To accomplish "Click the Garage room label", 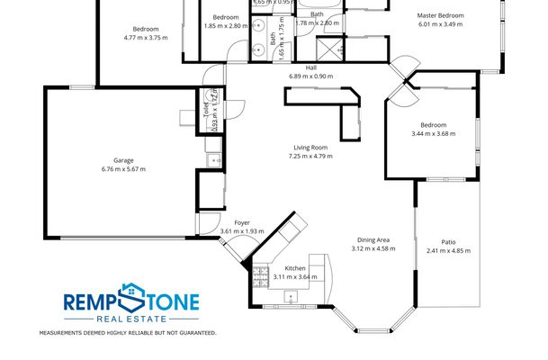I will click(123, 160).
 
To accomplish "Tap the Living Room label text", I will click(310, 148).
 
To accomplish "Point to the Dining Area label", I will click(373, 239).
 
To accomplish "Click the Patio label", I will click(447, 242).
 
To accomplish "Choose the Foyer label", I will click(242, 222).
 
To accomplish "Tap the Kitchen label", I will click(296, 269).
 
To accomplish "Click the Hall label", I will click(311, 67).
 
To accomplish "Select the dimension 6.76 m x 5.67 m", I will click(123, 169).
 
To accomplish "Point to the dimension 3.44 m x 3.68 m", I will click(433, 133).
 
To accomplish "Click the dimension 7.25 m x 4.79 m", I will click(310, 157).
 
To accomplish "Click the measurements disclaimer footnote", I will click(127, 333).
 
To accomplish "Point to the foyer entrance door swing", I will click(211, 232).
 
